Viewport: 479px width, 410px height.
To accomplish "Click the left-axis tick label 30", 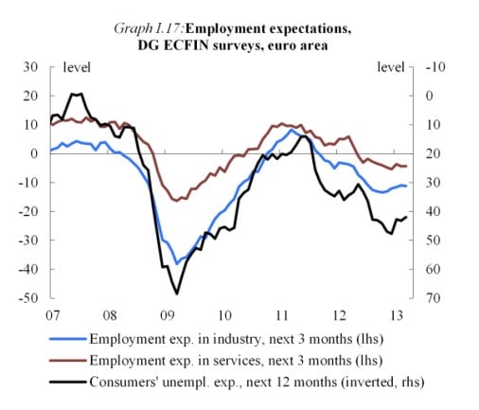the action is (x=30, y=67).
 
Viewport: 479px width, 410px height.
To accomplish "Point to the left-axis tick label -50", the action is (x=28, y=297).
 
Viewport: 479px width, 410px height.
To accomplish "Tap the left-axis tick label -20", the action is (x=28, y=211).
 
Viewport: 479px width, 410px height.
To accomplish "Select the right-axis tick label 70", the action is (x=433, y=297).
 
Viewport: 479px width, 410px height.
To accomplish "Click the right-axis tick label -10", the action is (x=435, y=67).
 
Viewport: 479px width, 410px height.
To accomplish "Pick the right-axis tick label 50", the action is (x=433, y=240).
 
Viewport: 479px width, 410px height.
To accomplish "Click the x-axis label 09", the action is (x=167, y=315).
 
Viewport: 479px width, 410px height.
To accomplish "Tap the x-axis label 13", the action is (x=397, y=315).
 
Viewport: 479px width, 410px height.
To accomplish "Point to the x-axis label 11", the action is (x=282, y=315).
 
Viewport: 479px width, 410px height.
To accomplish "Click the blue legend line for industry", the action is (x=68, y=339).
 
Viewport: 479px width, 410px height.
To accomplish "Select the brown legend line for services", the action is (x=68, y=361).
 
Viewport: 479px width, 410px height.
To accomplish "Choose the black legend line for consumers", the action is (x=68, y=382).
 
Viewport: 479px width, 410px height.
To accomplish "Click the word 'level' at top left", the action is (x=77, y=67).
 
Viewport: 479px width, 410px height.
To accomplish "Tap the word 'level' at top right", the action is (x=391, y=67).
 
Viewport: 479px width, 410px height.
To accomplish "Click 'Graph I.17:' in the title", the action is (x=149, y=28).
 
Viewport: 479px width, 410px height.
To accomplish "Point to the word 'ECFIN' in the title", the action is (x=186, y=45).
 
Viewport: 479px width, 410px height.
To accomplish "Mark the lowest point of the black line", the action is (x=177, y=294).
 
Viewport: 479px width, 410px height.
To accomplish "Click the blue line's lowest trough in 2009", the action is (x=177, y=264).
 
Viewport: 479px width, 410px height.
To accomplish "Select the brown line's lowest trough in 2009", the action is (x=176, y=201).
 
